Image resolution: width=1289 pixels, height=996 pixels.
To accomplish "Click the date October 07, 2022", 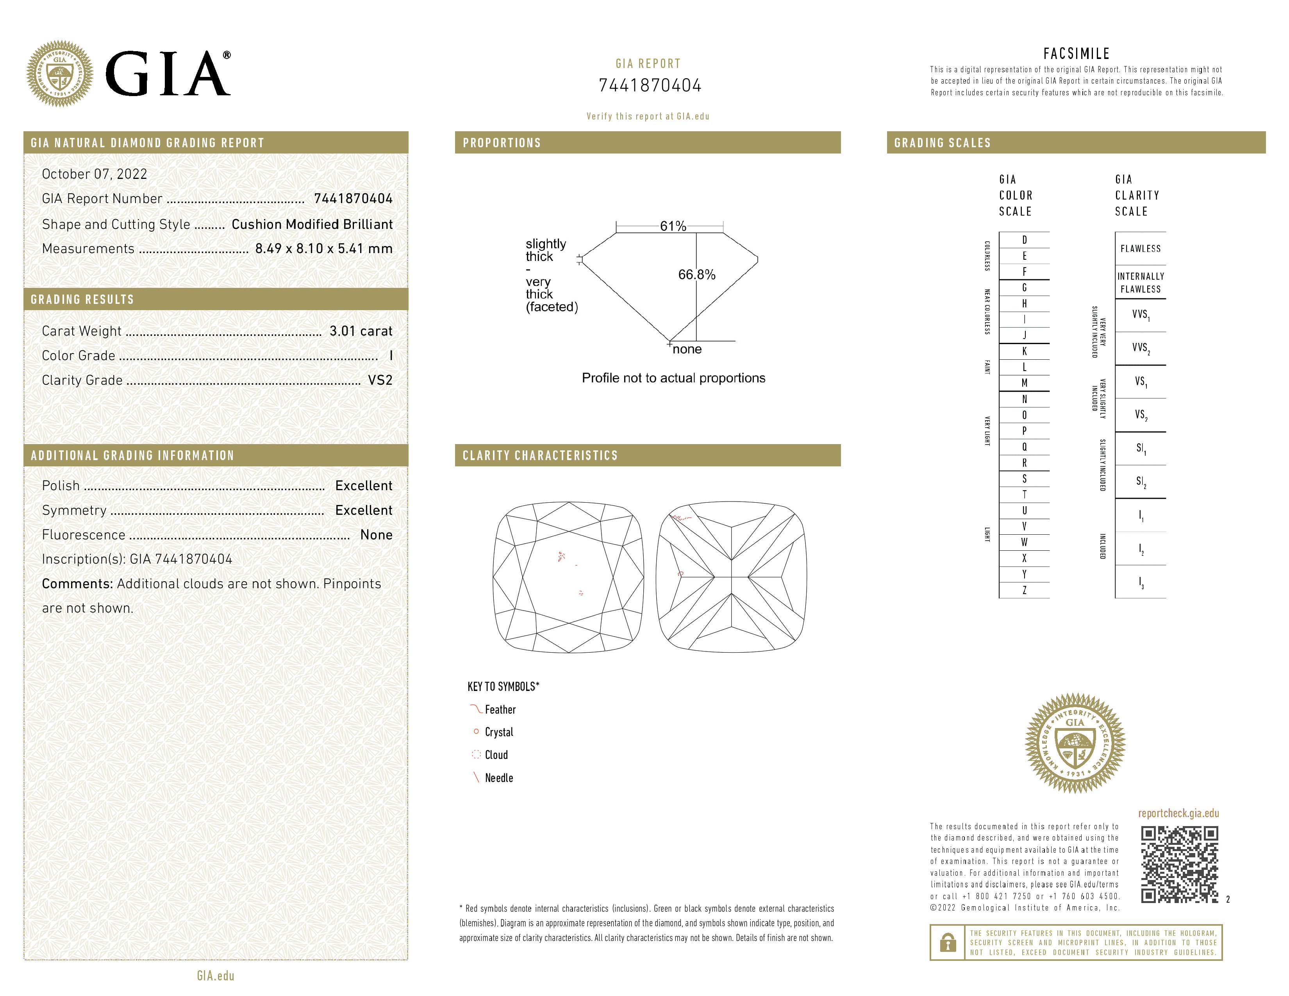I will [95, 174].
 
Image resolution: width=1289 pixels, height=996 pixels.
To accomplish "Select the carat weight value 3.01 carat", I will [361, 331].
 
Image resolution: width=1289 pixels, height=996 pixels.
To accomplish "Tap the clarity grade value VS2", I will [380, 380].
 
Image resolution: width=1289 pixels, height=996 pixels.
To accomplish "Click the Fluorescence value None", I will [376, 535].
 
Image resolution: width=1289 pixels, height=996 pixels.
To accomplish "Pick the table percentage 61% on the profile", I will [673, 227].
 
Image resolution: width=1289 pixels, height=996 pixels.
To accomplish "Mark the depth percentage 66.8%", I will [696, 274].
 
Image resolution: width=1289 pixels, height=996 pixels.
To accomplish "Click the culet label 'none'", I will [687, 349].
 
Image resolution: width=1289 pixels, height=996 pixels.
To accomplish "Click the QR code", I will [1178, 864].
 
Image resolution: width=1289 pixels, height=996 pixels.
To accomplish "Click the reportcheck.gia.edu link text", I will [1178, 814].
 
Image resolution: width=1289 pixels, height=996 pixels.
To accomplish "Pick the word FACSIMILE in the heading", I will [1077, 54].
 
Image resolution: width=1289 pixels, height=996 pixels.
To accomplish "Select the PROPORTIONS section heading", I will [502, 143].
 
